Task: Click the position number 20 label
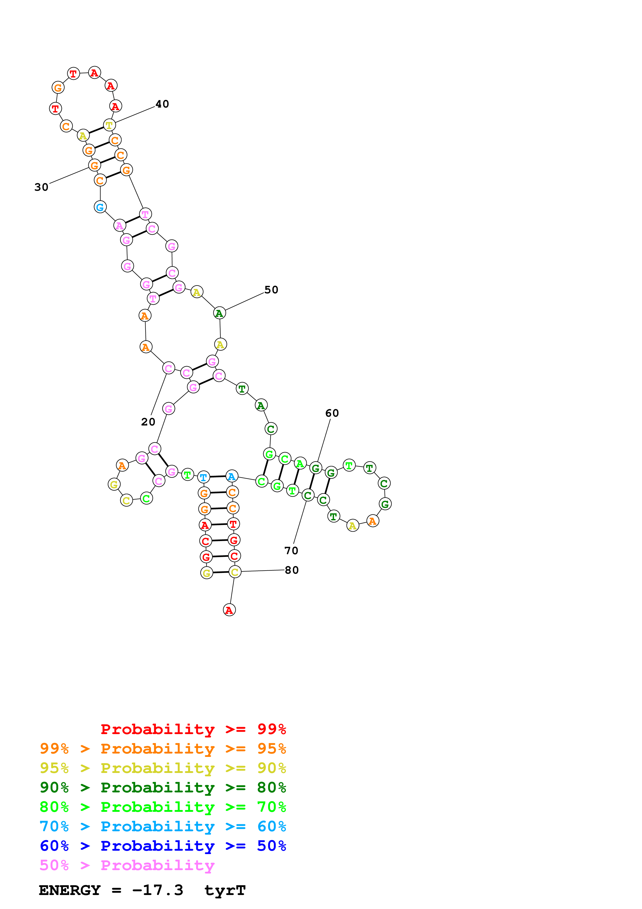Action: point(148,422)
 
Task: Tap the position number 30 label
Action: point(41,187)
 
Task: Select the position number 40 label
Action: point(162,104)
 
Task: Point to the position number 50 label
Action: point(271,290)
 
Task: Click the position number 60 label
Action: point(332,413)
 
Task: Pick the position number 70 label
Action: point(291,551)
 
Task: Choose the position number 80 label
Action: point(292,570)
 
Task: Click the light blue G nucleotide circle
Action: point(100,207)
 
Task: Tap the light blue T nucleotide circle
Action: point(203,478)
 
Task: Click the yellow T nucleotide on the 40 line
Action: point(109,125)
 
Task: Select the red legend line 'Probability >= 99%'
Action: point(193,729)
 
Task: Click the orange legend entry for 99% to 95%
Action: point(163,749)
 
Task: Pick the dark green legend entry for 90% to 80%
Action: point(163,787)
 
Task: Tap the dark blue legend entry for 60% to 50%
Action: point(163,846)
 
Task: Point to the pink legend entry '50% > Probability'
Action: point(127,865)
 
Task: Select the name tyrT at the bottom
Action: point(225,890)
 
